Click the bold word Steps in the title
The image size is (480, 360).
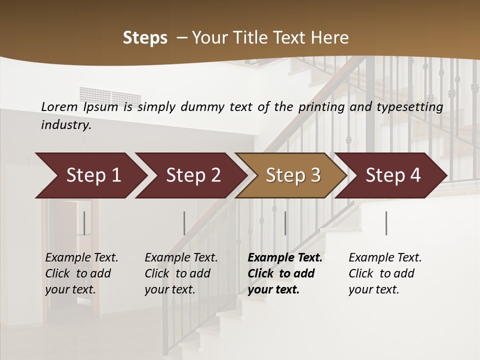tap(145, 38)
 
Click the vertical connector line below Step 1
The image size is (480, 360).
tap(84, 223)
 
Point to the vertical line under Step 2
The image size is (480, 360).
tap(184, 223)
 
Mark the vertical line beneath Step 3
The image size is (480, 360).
tap(285, 223)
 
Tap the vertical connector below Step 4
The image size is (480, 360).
tap(386, 223)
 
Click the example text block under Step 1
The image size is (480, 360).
tap(81, 273)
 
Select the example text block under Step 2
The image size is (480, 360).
tap(181, 273)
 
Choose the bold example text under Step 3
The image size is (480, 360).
tap(285, 273)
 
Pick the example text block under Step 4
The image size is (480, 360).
tap(385, 273)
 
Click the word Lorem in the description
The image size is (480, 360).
tap(59, 106)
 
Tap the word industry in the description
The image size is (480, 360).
tap(65, 124)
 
